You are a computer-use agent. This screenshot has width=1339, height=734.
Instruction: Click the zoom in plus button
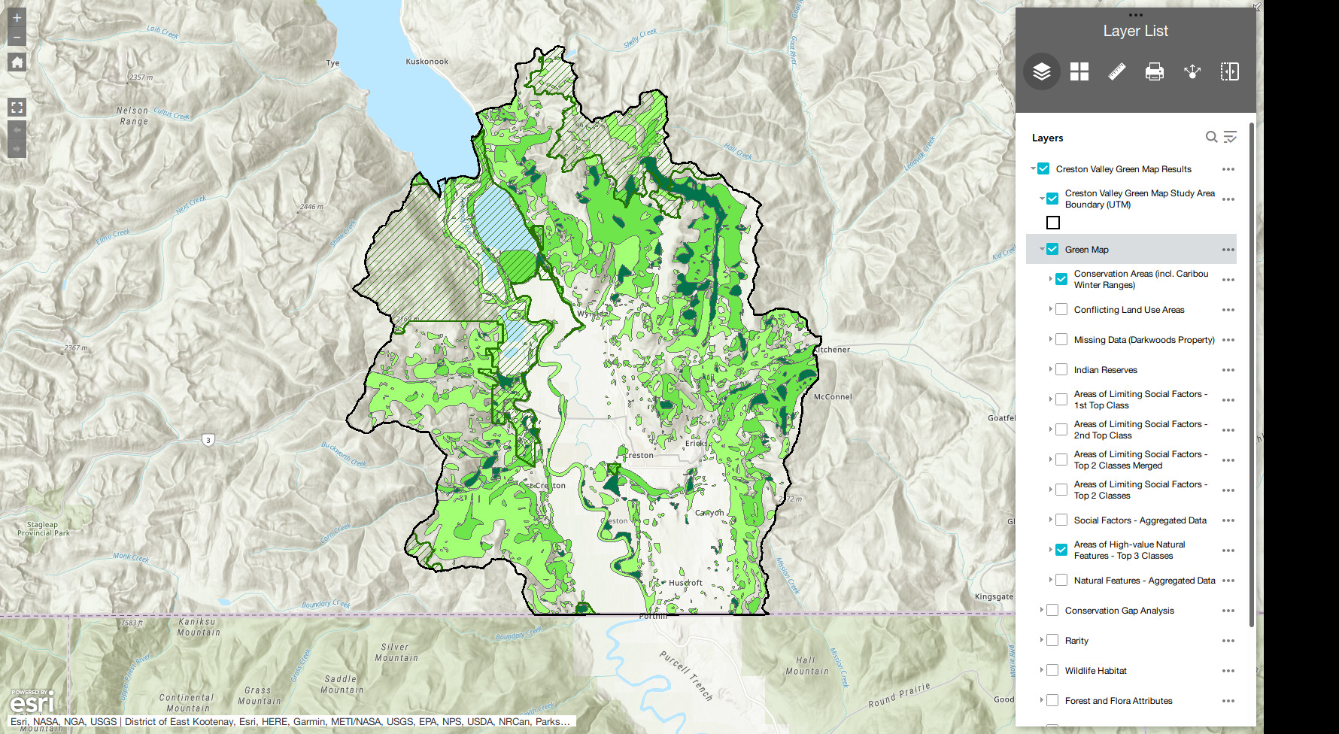tap(17, 17)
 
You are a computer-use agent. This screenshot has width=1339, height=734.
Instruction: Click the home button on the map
tap(17, 62)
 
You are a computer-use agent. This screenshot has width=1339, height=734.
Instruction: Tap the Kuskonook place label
tap(427, 62)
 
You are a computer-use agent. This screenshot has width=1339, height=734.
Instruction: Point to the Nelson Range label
tap(133, 116)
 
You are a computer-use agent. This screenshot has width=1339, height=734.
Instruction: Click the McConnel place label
tap(833, 396)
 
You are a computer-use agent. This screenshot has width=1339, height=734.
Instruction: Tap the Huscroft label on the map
tap(685, 583)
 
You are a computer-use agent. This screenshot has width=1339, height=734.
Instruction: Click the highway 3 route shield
tap(208, 440)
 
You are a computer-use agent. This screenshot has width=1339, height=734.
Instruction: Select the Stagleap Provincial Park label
tap(43, 529)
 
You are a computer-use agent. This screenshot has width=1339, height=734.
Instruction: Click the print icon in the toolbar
tap(1154, 71)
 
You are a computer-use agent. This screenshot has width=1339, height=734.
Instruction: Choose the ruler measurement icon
tap(1116, 71)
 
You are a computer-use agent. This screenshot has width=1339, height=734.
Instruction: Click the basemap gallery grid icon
tap(1079, 71)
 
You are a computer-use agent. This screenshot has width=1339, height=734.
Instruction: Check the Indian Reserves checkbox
tap(1061, 369)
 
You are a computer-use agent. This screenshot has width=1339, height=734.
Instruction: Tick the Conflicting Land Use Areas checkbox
tap(1061, 309)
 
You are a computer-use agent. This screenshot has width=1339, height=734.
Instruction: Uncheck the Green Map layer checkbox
tap(1052, 249)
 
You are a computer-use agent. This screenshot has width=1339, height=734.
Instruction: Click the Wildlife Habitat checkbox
tap(1052, 670)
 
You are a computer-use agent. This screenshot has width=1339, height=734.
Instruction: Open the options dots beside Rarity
tap(1228, 641)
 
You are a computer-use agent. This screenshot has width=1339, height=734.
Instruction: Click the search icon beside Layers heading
tap(1211, 137)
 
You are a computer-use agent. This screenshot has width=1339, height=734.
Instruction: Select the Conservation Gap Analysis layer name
tap(1119, 611)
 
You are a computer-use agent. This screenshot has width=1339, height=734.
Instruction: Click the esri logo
tap(32, 703)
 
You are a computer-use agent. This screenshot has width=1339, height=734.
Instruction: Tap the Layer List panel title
tap(1135, 31)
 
